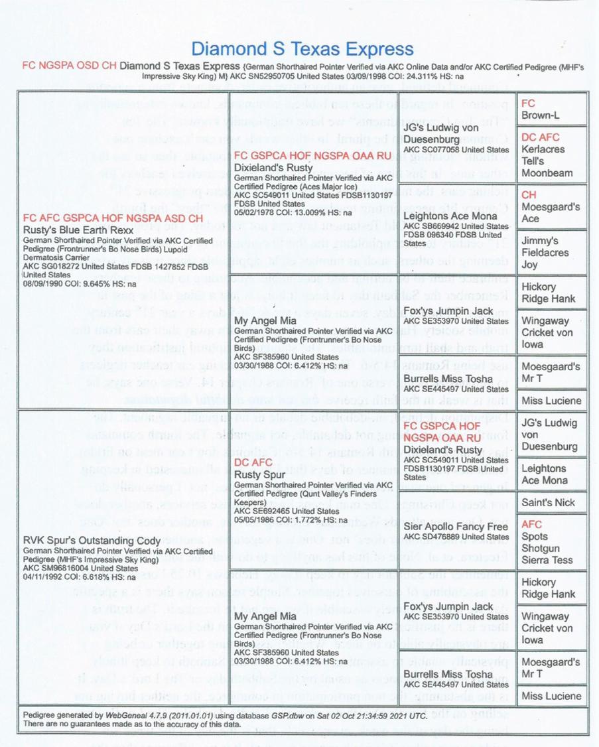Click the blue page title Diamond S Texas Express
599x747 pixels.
[x=302, y=48]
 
